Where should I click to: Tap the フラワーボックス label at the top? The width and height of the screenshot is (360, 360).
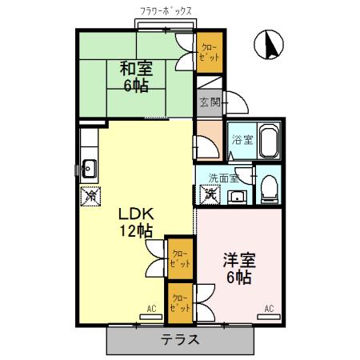tap(166, 12)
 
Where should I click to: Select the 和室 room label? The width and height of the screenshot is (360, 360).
tap(137, 69)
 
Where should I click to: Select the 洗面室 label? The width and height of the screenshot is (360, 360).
tap(223, 178)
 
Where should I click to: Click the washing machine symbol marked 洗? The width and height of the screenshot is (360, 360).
tap(210, 193)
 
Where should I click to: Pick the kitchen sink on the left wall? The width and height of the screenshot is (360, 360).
tap(89, 168)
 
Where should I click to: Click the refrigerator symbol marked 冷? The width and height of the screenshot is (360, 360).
tap(90, 194)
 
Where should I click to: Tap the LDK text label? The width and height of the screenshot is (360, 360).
tap(136, 214)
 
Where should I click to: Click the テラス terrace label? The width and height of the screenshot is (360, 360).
tap(179, 340)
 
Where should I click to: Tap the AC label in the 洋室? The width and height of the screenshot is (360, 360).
tap(269, 309)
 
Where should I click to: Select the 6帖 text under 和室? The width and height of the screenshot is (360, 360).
tap(137, 86)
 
